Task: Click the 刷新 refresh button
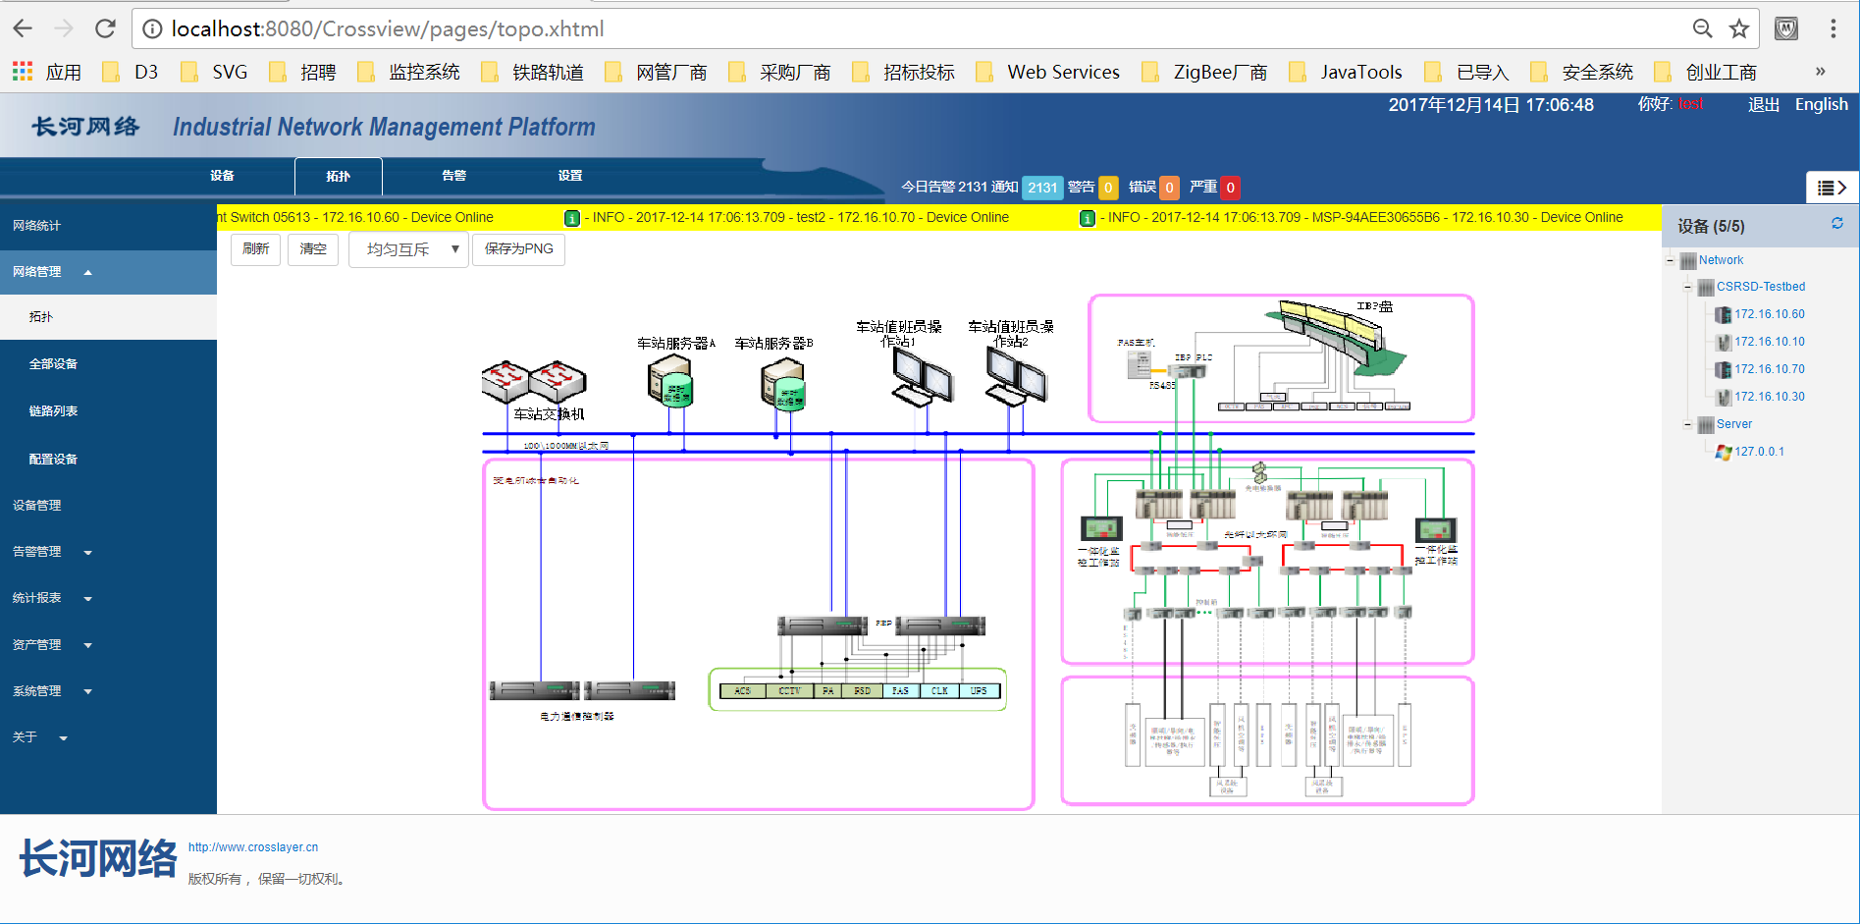click(x=255, y=249)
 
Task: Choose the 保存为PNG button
click(x=518, y=249)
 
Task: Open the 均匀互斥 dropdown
click(x=408, y=249)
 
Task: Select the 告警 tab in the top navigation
click(x=453, y=176)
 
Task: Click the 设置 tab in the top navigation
click(x=569, y=176)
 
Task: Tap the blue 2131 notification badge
click(x=1041, y=188)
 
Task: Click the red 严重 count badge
click(x=1230, y=188)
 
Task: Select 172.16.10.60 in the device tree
click(x=1769, y=314)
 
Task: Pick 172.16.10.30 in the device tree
click(x=1769, y=397)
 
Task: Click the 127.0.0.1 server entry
click(x=1759, y=452)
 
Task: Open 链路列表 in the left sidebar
click(x=53, y=411)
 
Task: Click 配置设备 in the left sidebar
click(x=53, y=460)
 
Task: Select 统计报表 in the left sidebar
click(x=37, y=598)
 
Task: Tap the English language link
click(x=1821, y=105)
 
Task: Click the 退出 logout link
click(x=1763, y=105)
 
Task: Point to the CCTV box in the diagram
click(x=789, y=691)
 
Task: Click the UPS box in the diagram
click(x=979, y=691)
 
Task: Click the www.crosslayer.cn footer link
click(x=253, y=847)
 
